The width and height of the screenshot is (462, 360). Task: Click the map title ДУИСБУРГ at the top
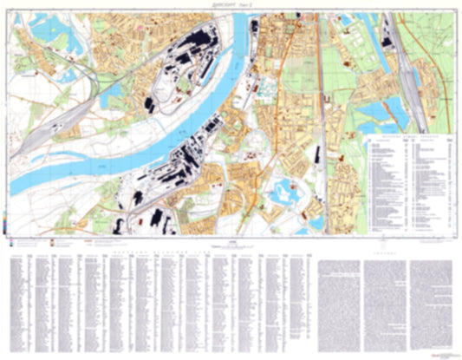pos(223,4)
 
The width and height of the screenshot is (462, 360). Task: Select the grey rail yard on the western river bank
pos(39,130)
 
